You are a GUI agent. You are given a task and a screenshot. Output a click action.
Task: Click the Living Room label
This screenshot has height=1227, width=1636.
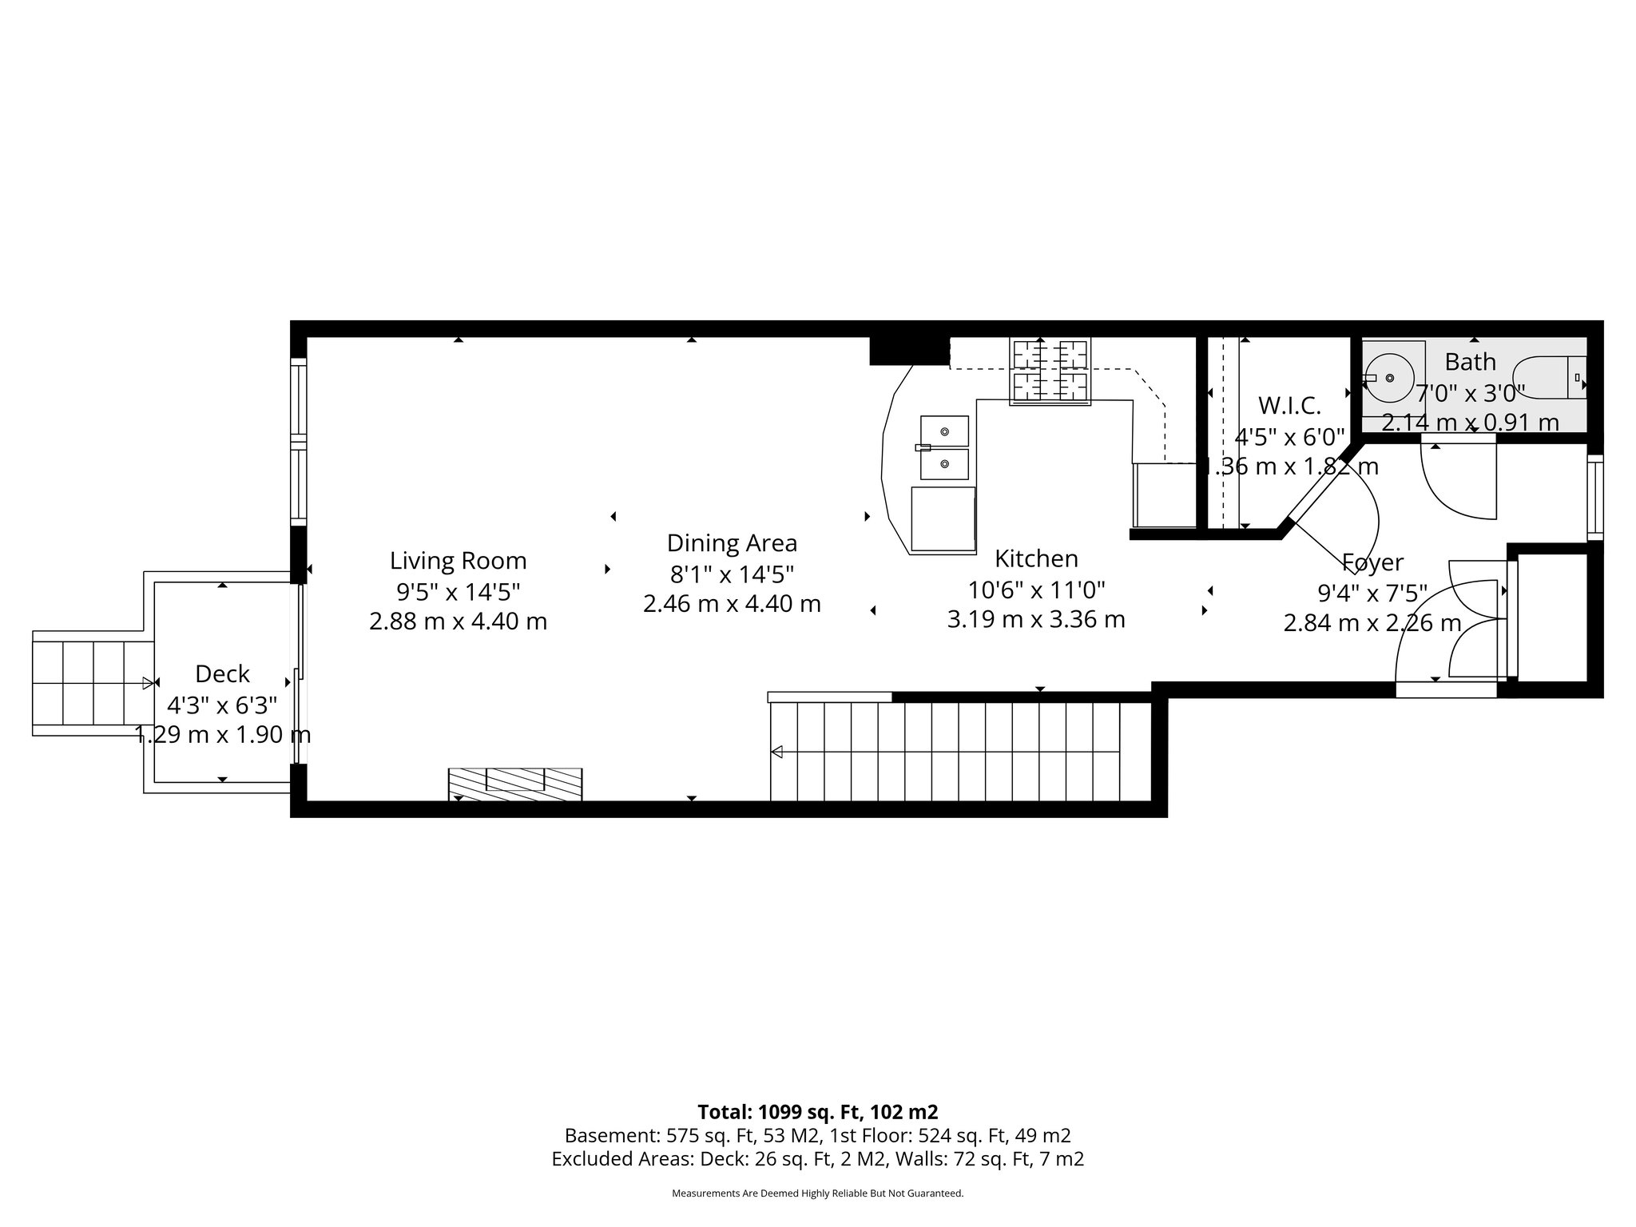(458, 561)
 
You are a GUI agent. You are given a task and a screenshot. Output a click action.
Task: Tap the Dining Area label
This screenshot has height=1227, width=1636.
(732, 543)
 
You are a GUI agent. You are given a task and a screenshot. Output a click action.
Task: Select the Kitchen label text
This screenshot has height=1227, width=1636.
(1036, 558)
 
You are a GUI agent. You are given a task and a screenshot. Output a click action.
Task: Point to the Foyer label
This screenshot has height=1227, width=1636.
(1372, 562)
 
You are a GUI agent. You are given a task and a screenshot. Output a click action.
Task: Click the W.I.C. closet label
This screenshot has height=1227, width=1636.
(1289, 406)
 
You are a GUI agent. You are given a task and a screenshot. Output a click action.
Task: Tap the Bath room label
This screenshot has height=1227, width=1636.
(1470, 362)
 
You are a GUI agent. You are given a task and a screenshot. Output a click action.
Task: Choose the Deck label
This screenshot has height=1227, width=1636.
(222, 674)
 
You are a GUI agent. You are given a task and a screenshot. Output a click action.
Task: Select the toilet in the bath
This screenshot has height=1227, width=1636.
(1554, 377)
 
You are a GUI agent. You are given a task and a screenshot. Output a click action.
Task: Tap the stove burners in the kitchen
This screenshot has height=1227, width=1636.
(1050, 371)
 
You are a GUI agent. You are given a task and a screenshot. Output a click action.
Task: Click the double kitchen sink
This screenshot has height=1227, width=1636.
(943, 447)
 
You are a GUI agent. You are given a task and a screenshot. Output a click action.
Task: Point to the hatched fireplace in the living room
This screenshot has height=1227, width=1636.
(514, 784)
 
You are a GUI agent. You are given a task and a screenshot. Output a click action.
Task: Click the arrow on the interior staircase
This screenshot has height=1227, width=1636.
(776, 752)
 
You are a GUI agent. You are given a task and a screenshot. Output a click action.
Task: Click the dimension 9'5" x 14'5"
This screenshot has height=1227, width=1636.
(458, 592)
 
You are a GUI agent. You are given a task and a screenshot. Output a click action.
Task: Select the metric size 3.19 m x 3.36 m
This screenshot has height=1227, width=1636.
(1036, 619)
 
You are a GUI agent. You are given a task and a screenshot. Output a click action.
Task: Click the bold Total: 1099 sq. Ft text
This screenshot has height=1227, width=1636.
(817, 1112)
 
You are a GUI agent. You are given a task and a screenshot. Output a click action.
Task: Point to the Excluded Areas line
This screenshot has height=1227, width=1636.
(817, 1159)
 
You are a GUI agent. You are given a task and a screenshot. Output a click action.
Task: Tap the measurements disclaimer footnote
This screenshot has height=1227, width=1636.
(817, 1193)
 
